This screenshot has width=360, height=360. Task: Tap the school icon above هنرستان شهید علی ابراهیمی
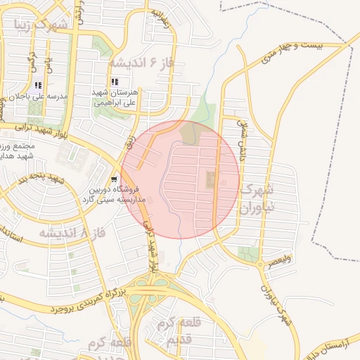point(115,82)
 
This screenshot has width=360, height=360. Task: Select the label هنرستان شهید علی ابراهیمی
point(117,97)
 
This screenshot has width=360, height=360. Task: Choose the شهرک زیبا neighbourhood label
point(42,26)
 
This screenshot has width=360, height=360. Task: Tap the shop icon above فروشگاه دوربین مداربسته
point(115,179)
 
